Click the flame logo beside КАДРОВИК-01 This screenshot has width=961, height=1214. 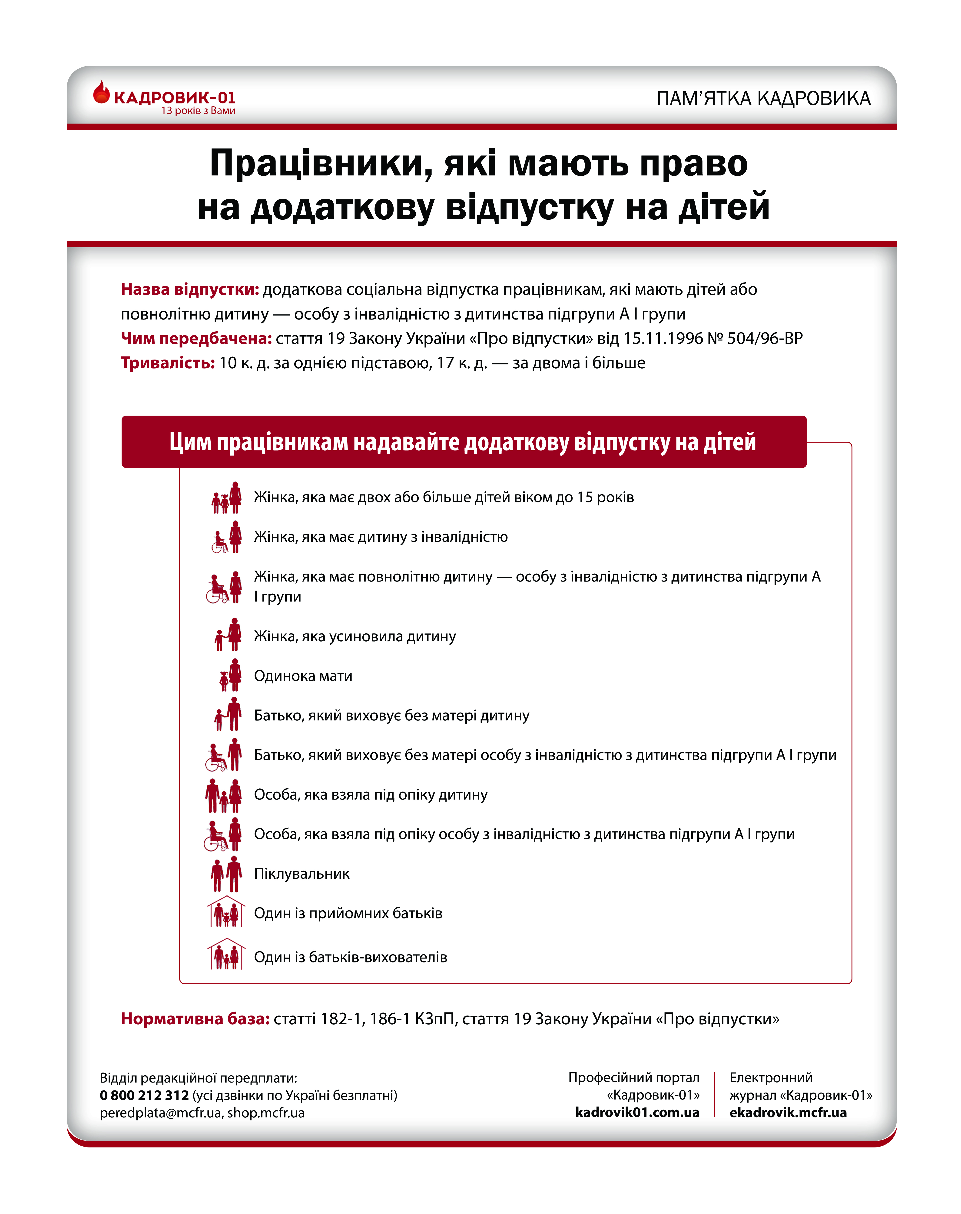(101, 93)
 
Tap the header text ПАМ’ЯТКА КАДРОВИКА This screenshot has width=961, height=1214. (763, 98)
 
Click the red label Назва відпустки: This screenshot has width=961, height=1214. (190, 289)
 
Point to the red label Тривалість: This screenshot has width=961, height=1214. (168, 363)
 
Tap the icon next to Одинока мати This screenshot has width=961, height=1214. (230, 676)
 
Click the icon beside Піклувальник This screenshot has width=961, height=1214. (226, 874)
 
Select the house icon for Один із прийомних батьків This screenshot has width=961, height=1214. (226, 912)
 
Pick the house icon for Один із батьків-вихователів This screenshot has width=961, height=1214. (226, 955)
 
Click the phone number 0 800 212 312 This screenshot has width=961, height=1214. (144, 1095)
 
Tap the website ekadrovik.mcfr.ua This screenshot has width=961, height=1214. (788, 1113)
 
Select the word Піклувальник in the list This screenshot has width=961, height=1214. (302, 874)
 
